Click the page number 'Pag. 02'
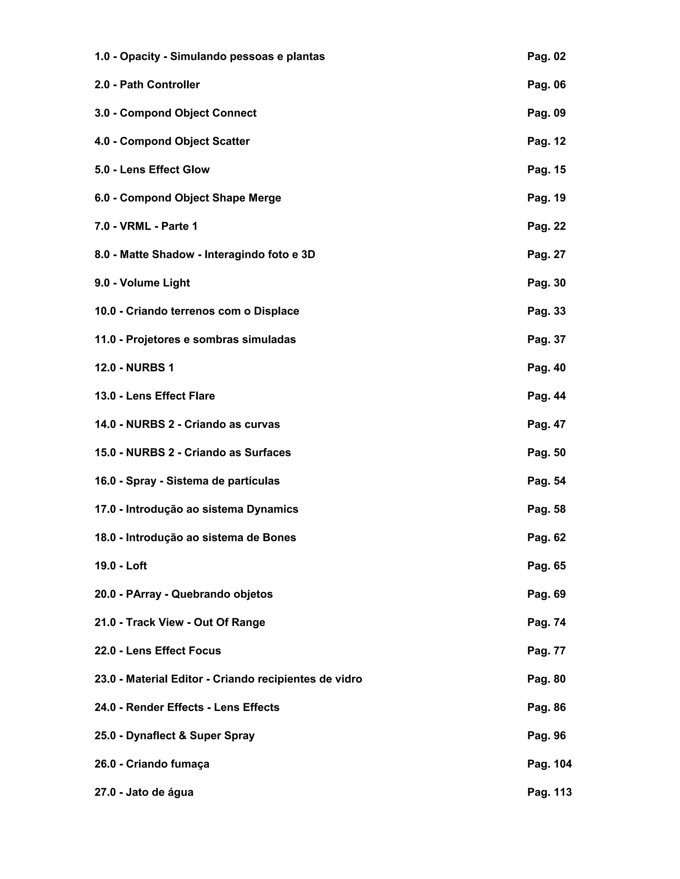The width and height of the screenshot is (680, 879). (546, 56)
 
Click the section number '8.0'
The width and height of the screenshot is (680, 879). (102, 254)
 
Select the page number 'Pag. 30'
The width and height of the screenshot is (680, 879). (546, 283)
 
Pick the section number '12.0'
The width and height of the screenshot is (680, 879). (105, 368)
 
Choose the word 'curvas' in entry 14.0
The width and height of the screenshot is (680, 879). (262, 424)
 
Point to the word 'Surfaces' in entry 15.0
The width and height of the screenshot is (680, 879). (268, 453)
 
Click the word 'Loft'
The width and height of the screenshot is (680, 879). (136, 566)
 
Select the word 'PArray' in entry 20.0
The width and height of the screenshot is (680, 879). (143, 594)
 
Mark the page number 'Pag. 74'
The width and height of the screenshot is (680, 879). (546, 623)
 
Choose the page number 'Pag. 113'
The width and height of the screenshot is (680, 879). (550, 792)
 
